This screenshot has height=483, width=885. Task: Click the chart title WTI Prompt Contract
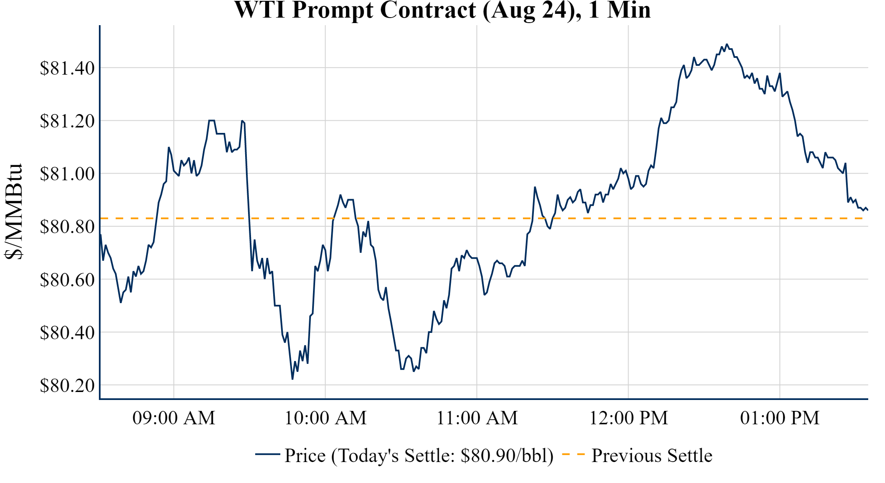coord(442,10)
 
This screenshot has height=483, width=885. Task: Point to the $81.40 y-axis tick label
coord(67,68)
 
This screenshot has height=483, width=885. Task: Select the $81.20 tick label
coord(67,121)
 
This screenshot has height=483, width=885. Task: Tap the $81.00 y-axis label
coord(67,174)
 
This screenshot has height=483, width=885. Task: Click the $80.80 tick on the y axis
coord(67,226)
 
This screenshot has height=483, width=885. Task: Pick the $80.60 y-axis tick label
coord(67,279)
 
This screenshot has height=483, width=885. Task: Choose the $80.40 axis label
coord(67,332)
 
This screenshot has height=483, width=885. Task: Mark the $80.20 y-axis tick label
coord(67,385)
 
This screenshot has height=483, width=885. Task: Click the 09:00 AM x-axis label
coord(174,418)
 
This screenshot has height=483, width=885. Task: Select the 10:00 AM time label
coord(326,418)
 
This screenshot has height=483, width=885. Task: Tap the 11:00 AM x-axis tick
coord(477,418)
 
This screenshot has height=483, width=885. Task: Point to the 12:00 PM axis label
coord(629,418)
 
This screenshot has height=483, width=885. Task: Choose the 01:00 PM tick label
coord(780,418)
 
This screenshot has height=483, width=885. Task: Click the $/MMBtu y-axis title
coord(14,212)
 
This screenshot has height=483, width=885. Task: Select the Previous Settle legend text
coord(652,455)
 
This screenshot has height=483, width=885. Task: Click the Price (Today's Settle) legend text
coord(419,455)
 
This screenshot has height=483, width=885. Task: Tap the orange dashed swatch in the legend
coord(573,454)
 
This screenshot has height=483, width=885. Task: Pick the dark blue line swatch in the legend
coord(267,454)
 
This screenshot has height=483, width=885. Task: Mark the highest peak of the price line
coord(727,44)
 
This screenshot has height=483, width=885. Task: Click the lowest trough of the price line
coord(292,379)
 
